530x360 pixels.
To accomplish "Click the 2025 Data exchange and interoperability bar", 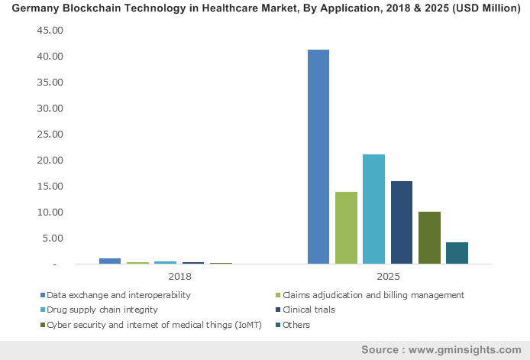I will click(318, 157).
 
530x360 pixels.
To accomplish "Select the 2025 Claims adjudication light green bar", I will click(346, 228).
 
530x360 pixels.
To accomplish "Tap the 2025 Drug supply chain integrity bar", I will click(373, 209).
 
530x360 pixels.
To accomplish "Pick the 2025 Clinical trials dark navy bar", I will click(401, 222).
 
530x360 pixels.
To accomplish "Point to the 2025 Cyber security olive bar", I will click(429, 238).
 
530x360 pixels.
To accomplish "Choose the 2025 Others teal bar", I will click(457, 253).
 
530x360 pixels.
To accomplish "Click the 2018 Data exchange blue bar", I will click(110, 261).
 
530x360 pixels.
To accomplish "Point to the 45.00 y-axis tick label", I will click(50, 31).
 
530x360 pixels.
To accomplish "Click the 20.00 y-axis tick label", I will click(50, 161).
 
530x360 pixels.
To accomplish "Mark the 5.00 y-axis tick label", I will click(52, 238).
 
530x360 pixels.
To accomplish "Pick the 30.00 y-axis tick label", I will click(50, 109).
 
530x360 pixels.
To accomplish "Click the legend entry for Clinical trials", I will click(309, 310).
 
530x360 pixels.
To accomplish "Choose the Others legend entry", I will click(296, 325).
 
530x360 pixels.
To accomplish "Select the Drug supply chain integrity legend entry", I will click(102, 310).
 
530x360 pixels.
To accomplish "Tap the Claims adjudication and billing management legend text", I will click(373, 294).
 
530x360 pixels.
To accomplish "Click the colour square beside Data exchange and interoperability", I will click(42, 294).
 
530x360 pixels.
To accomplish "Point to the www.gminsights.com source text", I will click(467, 349).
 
